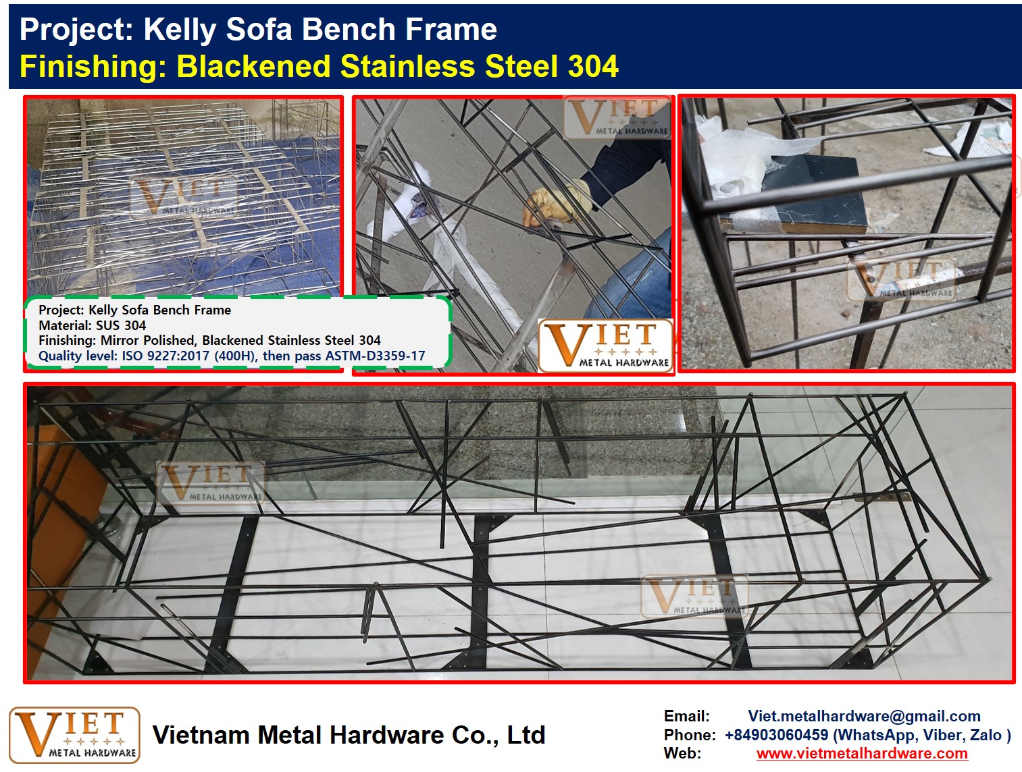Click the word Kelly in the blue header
[180, 29]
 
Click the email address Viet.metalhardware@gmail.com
[864, 716]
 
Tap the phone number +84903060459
[777, 735]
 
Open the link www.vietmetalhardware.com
[863, 753]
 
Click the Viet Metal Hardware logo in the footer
[74, 736]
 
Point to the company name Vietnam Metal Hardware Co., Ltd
[349, 735]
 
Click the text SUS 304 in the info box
[121, 325]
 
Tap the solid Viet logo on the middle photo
[605, 345]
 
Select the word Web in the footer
[683, 753]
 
